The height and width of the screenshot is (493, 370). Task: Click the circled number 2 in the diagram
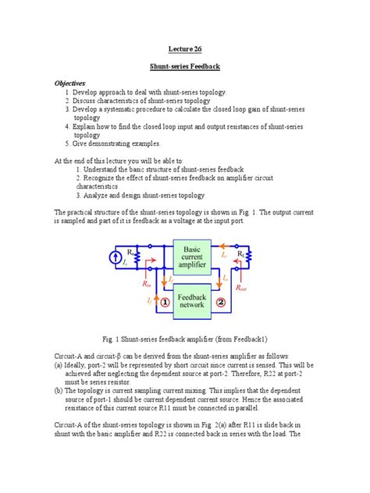coord(221,301)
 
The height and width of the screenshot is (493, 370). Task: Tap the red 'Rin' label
coord(137,289)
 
